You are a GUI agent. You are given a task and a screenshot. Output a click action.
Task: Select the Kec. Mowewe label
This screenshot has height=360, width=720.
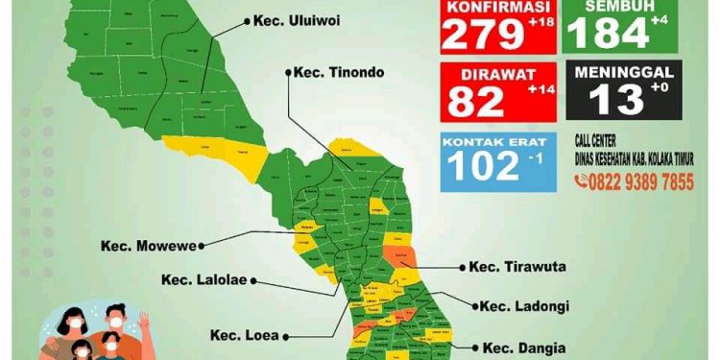pos(148,246)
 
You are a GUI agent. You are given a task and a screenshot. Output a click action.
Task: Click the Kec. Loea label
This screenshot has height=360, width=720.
pos(245,336)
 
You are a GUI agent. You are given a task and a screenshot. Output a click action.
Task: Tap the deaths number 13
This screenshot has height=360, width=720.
pos(613,100)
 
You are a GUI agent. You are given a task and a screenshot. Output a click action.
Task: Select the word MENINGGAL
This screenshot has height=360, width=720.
pos(627,72)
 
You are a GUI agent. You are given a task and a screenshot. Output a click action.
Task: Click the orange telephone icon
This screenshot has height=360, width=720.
pos(582,182)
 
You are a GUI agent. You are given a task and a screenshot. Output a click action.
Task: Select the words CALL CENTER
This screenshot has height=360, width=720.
pos(603,140)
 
